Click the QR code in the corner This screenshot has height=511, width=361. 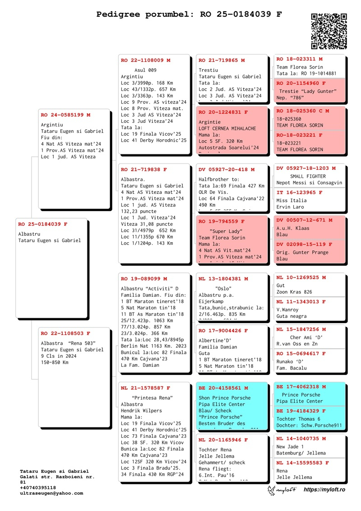coord(329,31)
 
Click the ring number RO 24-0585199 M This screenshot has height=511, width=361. coord(65,115)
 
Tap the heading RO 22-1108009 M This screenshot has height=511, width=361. coord(145,60)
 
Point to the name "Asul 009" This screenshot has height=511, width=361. coord(145,70)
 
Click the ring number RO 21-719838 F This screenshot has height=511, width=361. coord(143,170)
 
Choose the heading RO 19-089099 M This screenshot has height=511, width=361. coord(143,279)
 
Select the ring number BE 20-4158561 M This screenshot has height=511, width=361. coord(223,388)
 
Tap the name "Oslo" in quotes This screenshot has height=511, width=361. coord(224,288)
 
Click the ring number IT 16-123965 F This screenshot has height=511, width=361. coord(299,192)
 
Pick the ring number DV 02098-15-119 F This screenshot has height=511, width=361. coord(304,244)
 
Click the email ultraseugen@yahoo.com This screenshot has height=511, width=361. coord(51,493)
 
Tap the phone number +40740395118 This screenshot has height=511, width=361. coord(39,488)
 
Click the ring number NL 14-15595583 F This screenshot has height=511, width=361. coord(302,463)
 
